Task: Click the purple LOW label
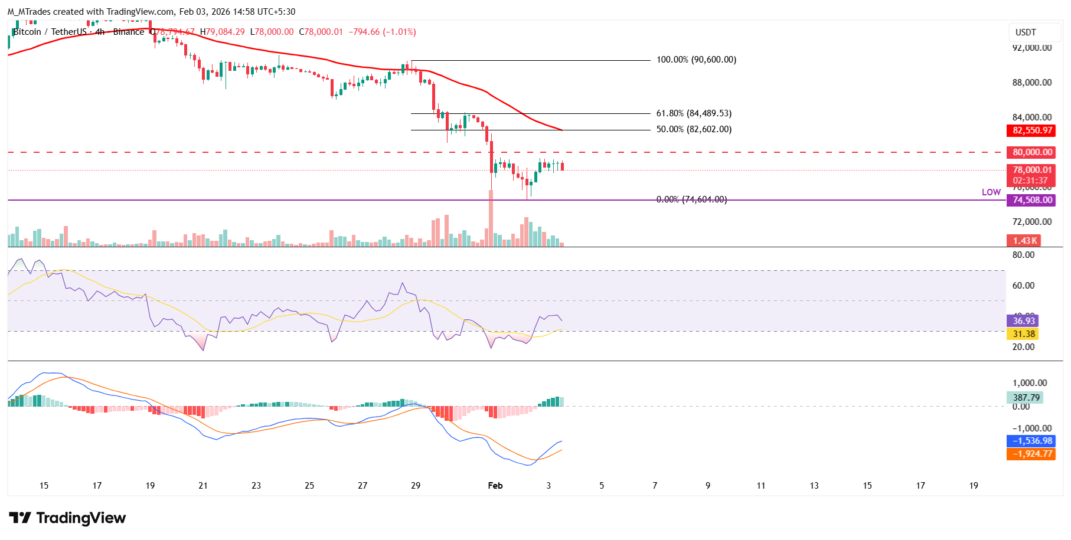click(x=991, y=192)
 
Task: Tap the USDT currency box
click(x=1026, y=32)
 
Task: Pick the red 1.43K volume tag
click(x=1024, y=241)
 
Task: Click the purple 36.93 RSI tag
click(x=1024, y=321)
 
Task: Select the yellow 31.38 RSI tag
click(x=1024, y=334)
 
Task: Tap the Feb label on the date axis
click(x=495, y=486)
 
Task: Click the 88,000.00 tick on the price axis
click(x=1031, y=83)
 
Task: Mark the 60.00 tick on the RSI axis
click(x=1023, y=286)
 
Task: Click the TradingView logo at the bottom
click(x=67, y=518)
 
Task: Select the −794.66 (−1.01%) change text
click(x=382, y=32)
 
